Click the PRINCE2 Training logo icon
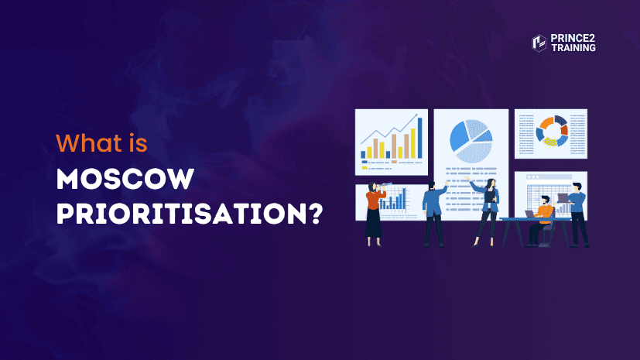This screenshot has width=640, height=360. (x=539, y=43)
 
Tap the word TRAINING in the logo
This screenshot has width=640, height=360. (x=574, y=48)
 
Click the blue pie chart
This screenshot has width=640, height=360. (x=471, y=140)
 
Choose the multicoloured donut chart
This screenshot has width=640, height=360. (x=551, y=129)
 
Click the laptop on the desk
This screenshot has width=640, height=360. (x=530, y=214)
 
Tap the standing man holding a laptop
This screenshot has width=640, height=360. (x=577, y=213)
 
